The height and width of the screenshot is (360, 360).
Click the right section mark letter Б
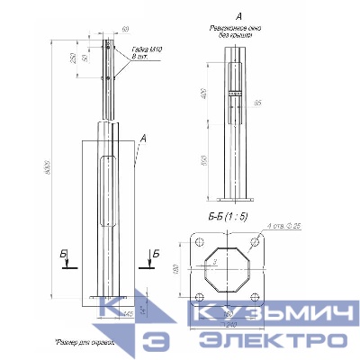(154, 253)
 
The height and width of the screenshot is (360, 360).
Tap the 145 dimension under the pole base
(129, 313)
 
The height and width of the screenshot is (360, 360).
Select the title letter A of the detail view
(237, 16)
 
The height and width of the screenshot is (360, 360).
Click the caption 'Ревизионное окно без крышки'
(237, 32)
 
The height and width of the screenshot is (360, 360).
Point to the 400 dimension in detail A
(205, 93)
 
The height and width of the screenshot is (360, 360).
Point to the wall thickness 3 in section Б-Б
(213, 262)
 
